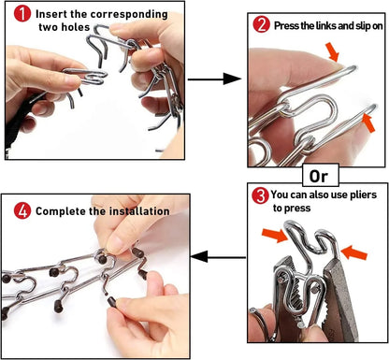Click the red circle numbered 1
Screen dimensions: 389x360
(22, 14)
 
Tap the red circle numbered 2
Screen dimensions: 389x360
(261, 25)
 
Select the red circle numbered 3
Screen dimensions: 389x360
(260, 196)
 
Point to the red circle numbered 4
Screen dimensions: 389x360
(22, 210)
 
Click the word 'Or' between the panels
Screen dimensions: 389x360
(319, 177)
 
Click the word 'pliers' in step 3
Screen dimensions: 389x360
(362, 195)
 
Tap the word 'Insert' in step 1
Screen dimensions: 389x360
(51, 14)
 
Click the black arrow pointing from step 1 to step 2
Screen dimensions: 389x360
(214, 79)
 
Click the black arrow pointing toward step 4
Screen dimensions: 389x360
(218, 257)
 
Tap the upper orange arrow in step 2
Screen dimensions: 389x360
(332, 52)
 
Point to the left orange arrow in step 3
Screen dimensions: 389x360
(275, 235)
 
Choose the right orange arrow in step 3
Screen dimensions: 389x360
(354, 252)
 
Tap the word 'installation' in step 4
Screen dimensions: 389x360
(139, 211)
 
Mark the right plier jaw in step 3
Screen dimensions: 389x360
(340, 299)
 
